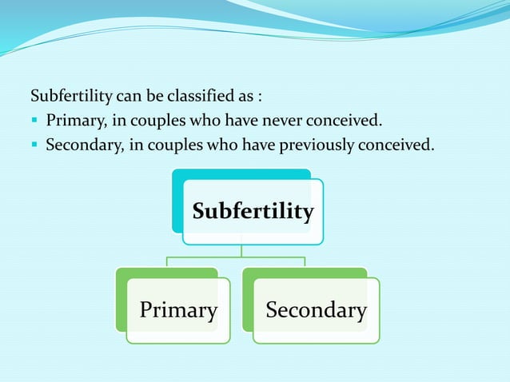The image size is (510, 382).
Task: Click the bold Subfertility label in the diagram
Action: [x=253, y=211]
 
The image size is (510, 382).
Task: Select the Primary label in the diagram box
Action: [x=178, y=310]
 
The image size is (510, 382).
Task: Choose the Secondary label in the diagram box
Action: [x=316, y=310]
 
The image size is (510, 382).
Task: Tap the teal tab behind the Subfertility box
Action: [x=177, y=200]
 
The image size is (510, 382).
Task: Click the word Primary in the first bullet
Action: [x=73, y=121]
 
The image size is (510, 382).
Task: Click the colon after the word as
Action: [x=259, y=97]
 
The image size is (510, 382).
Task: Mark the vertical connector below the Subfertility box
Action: [x=241, y=250]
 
